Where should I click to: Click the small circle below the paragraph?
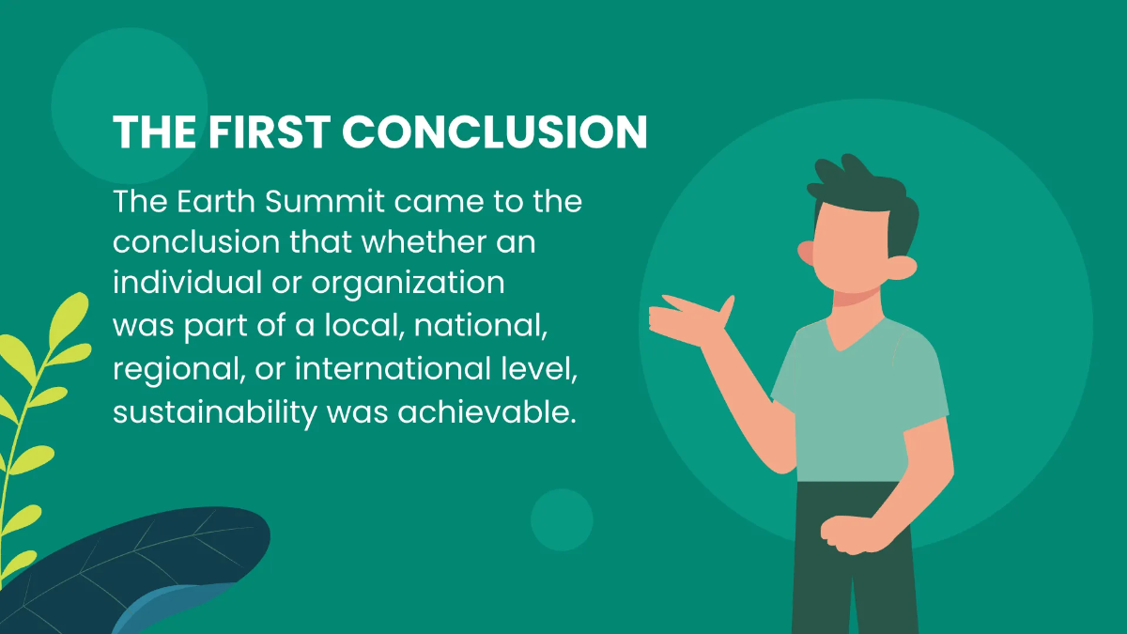pos(562,519)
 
